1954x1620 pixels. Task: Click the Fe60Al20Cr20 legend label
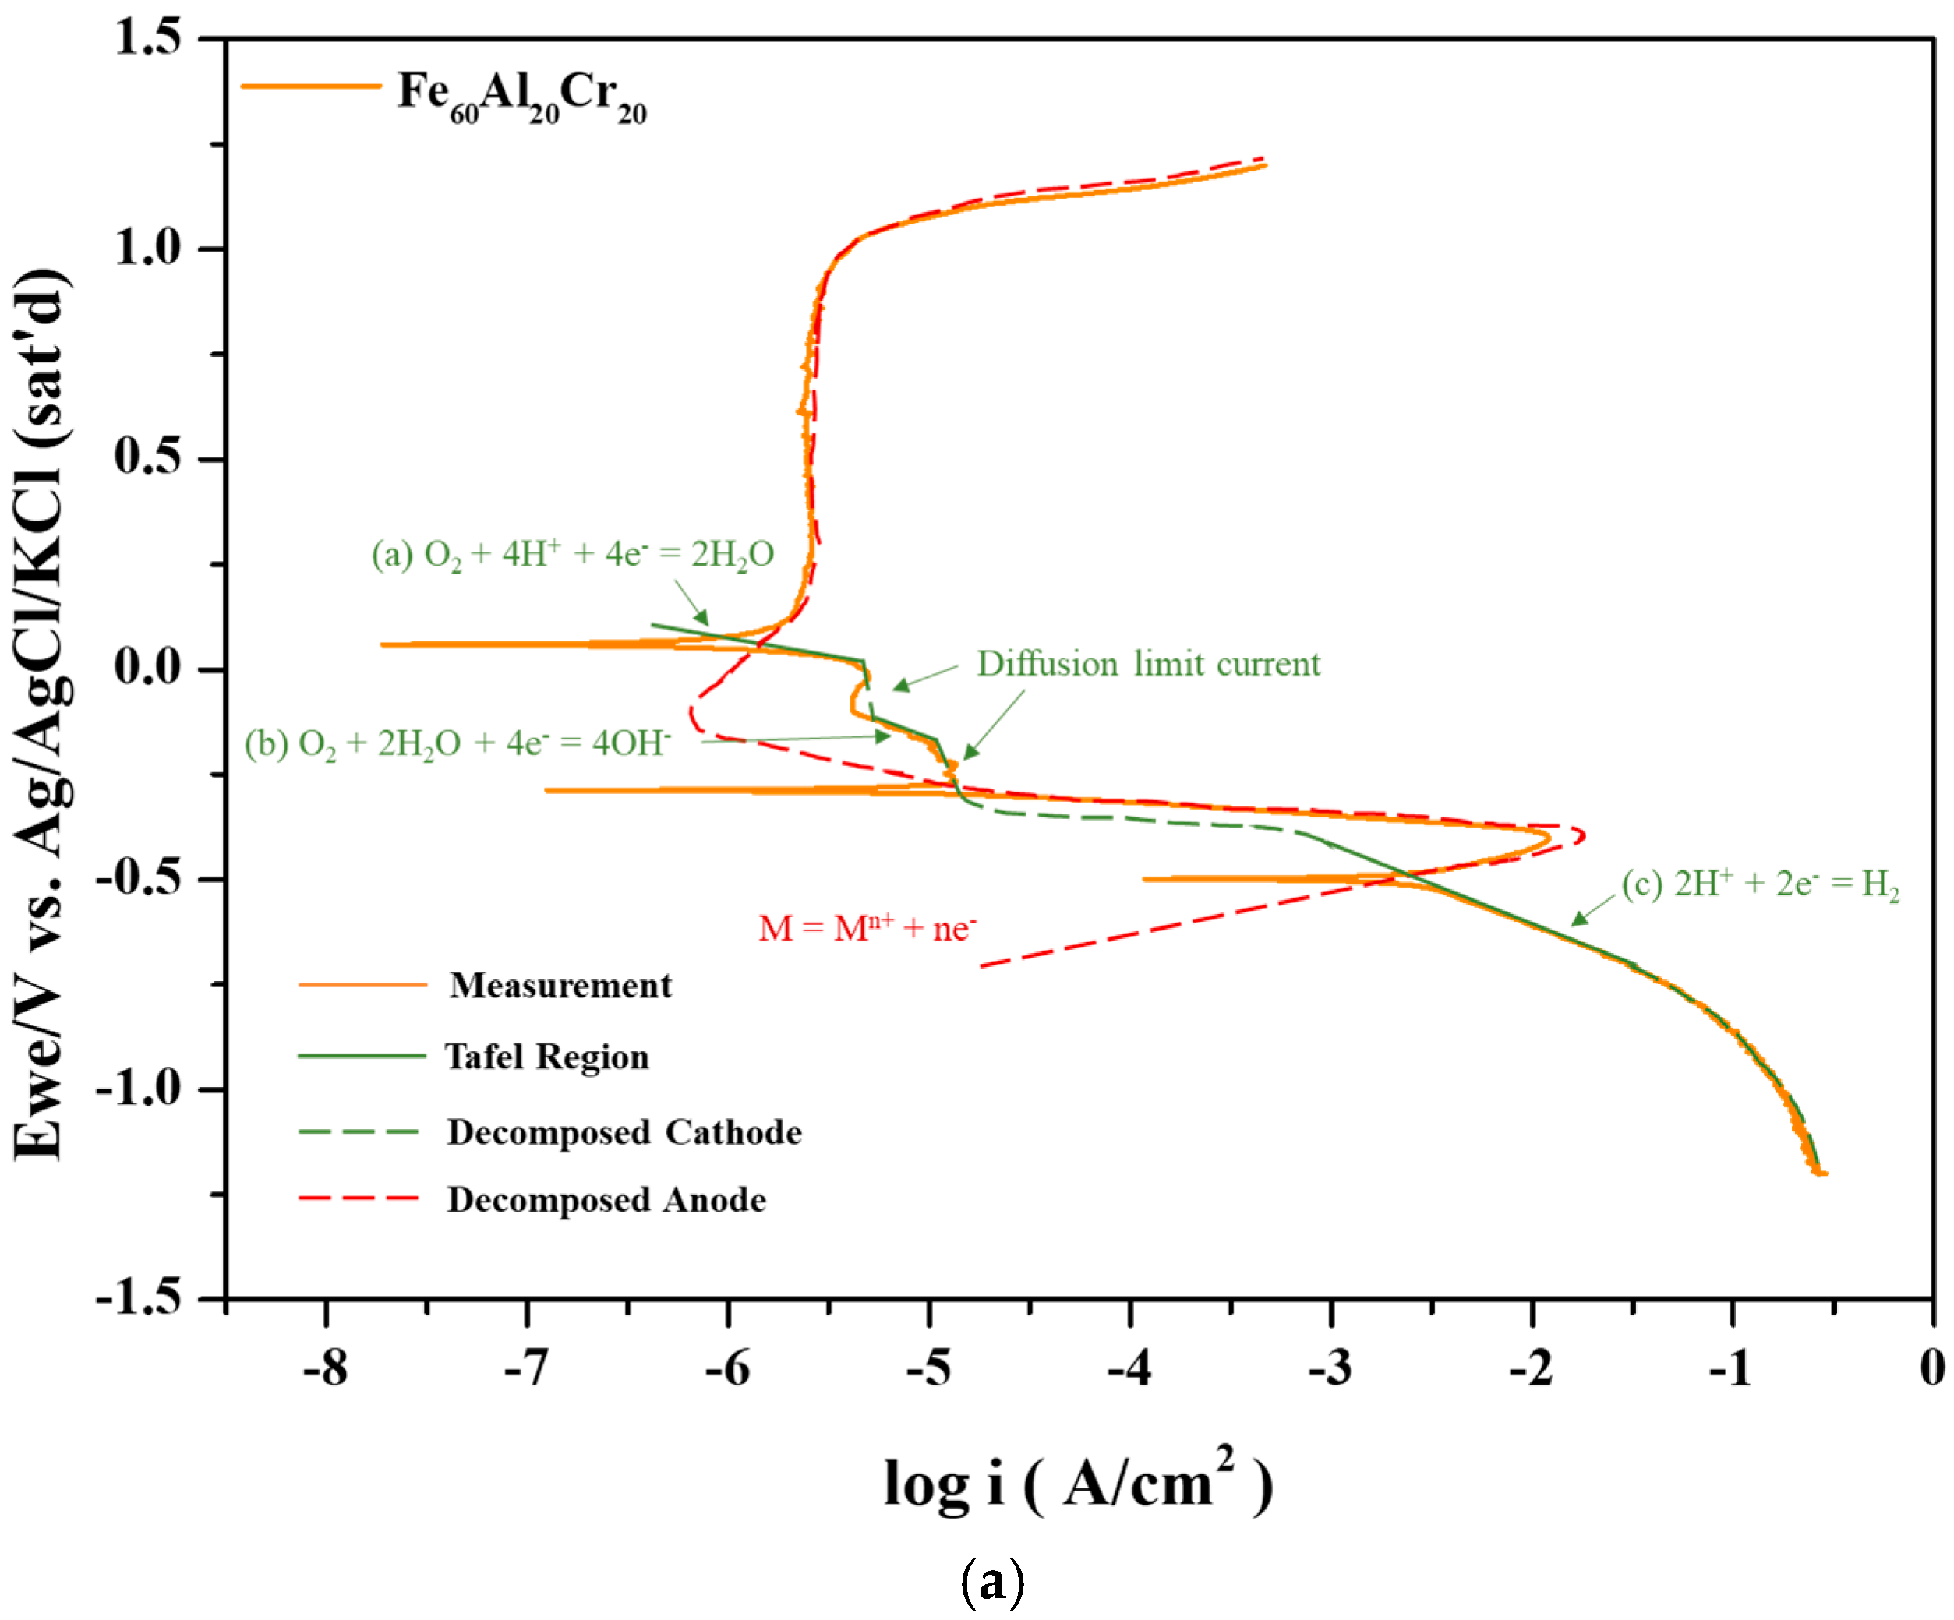tap(521, 95)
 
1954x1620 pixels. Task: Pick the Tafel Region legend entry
tap(546, 1057)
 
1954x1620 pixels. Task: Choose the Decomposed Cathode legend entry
tap(624, 1132)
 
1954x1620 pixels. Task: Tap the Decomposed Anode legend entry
tap(606, 1200)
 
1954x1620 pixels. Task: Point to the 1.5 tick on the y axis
tap(149, 39)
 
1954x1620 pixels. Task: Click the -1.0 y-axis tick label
tap(140, 1088)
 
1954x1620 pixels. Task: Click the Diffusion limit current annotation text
tap(1147, 665)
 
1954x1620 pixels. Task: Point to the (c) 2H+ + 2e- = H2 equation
tap(1759, 884)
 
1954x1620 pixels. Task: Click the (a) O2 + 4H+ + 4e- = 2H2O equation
tap(572, 555)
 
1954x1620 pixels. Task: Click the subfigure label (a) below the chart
tap(992, 1582)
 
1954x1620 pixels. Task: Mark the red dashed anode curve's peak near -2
tap(1583, 835)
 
